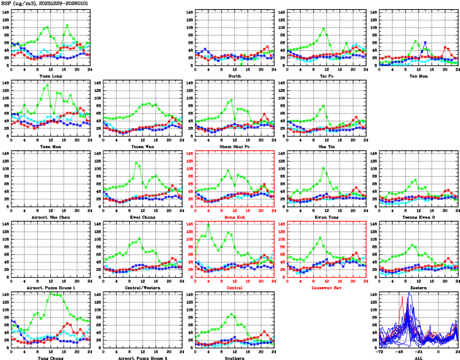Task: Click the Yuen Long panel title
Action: [50, 76]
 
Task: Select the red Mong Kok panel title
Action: [235, 217]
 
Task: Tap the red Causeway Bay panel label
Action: [327, 288]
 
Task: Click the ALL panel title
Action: [418, 358]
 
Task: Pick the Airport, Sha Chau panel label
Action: [50, 217]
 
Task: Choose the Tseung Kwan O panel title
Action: [418, 217]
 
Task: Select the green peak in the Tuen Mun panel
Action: [47, 85]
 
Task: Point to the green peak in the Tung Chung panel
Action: [51, 294]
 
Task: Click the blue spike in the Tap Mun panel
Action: [425, 42]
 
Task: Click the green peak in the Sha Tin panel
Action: [324, 106]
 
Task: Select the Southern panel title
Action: [235, 358]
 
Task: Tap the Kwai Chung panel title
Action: [143, 217]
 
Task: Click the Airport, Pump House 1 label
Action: [50, 288]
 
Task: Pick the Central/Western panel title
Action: [143, 288]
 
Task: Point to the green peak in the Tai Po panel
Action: [324, 28]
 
